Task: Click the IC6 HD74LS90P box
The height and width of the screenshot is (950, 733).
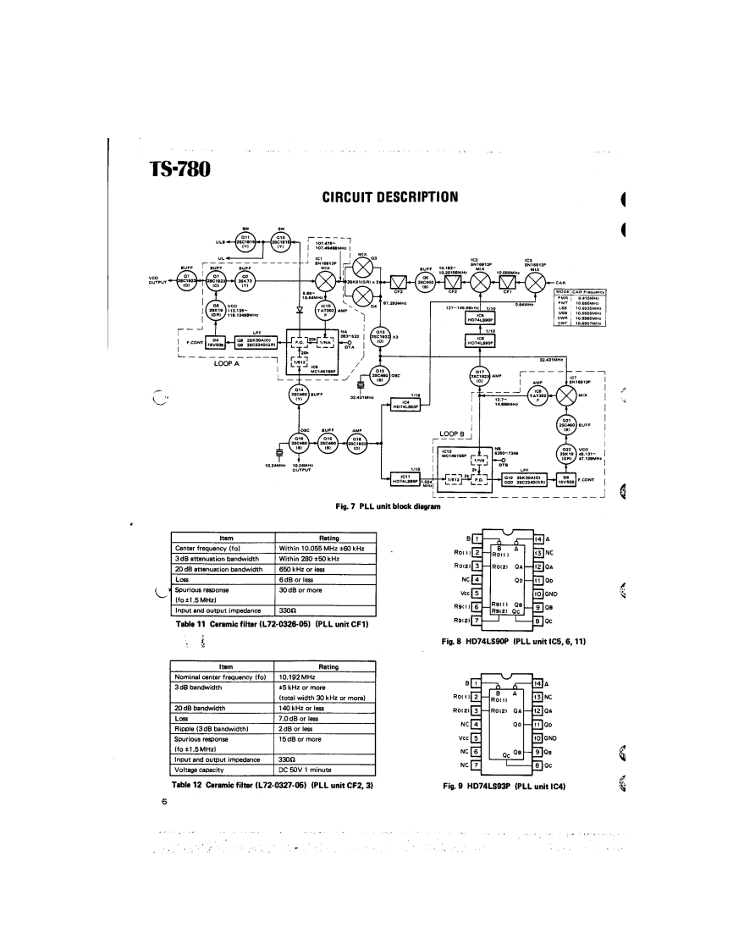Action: (x=480, y=341)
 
